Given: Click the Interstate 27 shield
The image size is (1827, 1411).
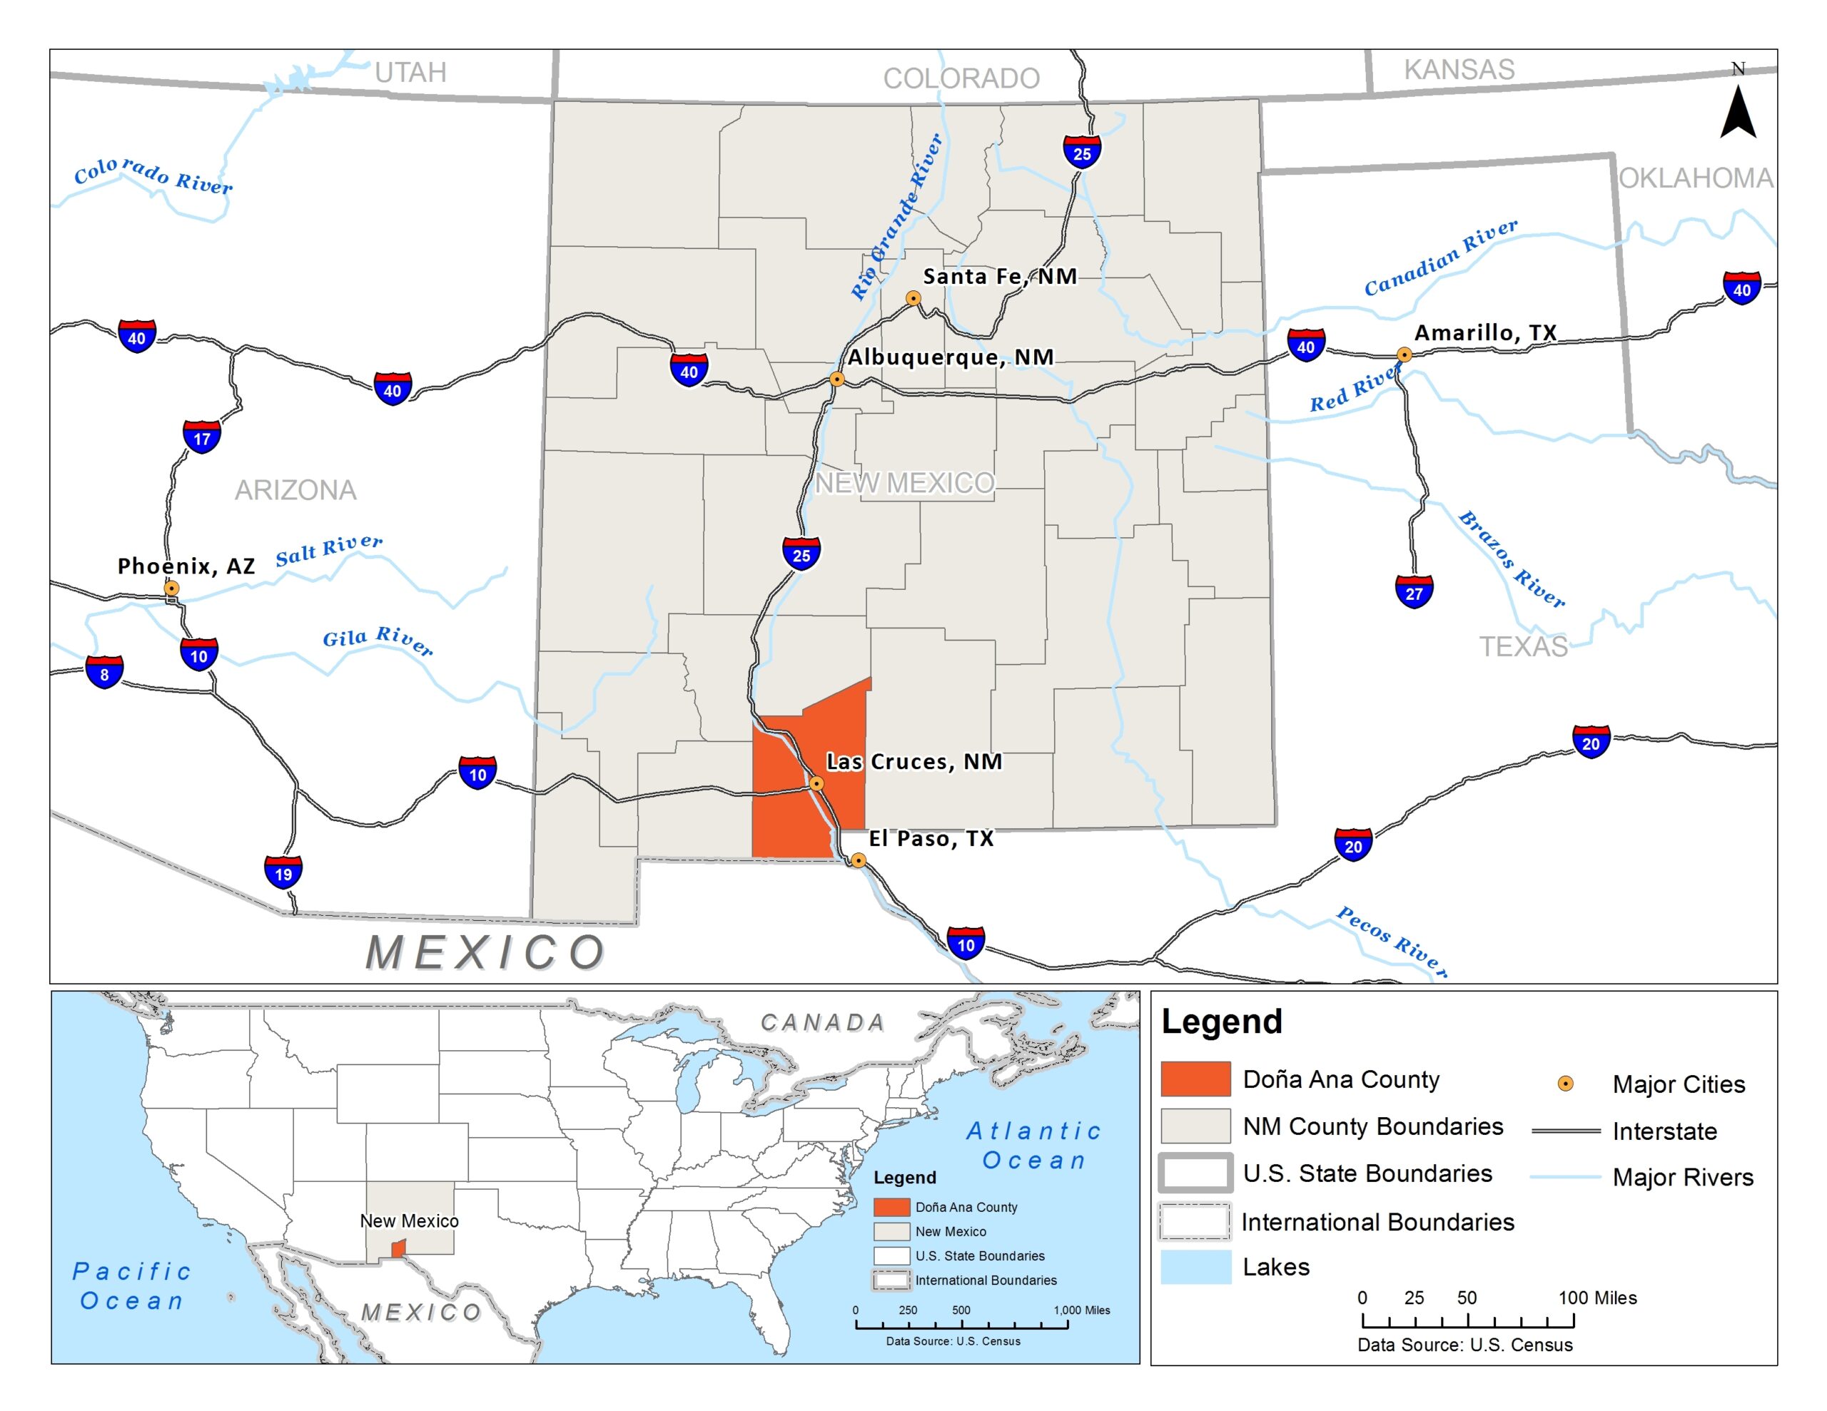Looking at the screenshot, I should (1414, 592).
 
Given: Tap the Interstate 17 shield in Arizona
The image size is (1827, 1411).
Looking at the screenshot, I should (201, 437).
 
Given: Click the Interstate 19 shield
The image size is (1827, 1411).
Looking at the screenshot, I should (283, 873).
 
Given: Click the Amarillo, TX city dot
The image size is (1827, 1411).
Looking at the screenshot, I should (1405, 355).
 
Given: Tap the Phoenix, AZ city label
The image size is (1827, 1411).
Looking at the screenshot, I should (186, 566).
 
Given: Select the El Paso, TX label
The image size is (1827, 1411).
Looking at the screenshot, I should (931, 838).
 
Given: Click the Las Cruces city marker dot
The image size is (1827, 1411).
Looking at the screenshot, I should (816, 784).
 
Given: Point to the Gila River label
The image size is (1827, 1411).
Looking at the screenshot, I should (378, 640).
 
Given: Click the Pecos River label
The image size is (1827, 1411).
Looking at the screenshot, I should (1391, 941).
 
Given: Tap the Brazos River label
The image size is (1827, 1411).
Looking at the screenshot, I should (1511, 559).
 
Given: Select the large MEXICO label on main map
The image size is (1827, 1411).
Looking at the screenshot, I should (485, 952).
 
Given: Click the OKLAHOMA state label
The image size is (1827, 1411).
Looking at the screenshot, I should (1696, 178).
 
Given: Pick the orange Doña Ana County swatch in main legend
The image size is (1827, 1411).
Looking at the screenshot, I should (1195, 1079).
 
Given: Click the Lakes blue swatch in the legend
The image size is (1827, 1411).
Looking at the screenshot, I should (1195, 1266).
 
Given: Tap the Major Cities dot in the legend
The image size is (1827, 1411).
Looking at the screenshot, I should (1565, 1084).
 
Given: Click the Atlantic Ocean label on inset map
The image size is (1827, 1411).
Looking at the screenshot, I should (1034, 1146).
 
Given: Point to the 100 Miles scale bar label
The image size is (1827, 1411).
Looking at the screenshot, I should (1597, 1298).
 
